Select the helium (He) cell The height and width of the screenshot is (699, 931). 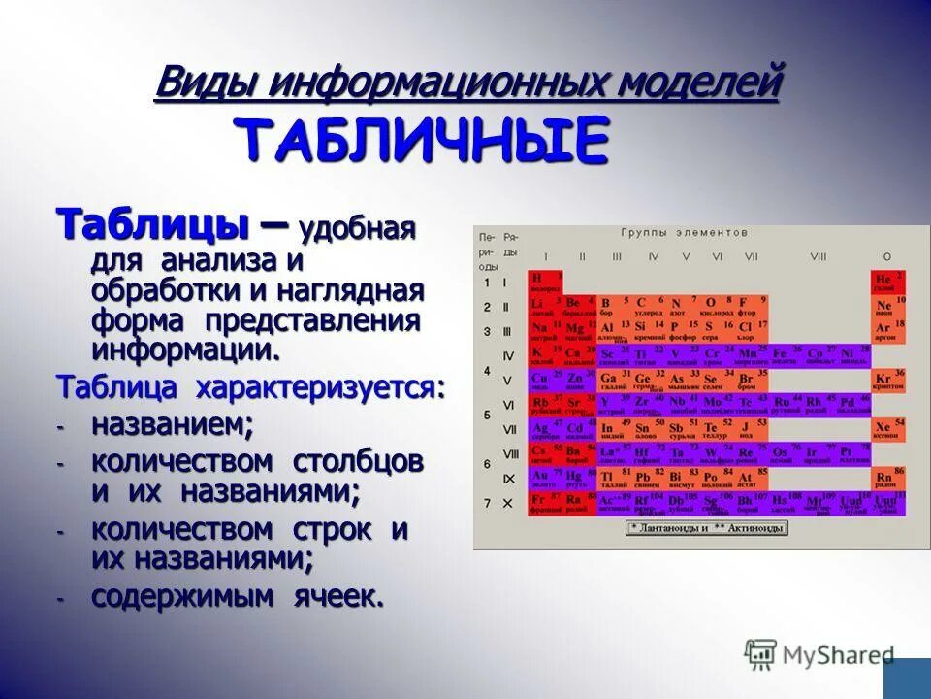coord(886,283)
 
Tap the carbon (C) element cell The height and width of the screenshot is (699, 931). coord(645,307)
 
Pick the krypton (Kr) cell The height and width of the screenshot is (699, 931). coord(885,381)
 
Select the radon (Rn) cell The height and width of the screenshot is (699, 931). coord(885,479)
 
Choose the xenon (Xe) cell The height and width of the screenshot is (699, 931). coord(885,429)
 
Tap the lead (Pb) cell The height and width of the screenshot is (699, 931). coord(645,479)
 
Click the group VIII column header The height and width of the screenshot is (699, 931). coord(819,257)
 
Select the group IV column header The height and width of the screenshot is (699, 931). coord(653,257)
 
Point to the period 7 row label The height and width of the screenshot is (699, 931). coord(487,503)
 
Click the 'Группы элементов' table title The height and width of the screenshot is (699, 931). coord(685,233)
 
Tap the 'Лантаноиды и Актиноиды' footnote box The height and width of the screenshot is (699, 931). coord(707,528)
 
